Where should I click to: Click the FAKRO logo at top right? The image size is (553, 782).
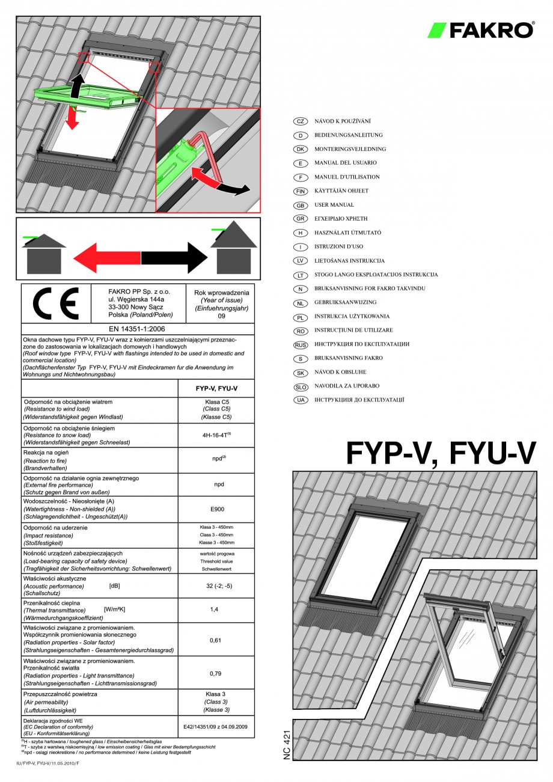(x=481, y=30)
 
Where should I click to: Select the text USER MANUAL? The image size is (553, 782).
(x=334, y=205)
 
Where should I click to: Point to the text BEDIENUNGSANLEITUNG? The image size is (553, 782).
(x=348, y=135)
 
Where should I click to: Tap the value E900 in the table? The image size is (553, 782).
(x=216, y=509)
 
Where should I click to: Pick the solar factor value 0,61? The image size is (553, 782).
(x=216, y=640)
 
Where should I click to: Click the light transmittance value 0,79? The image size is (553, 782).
(x=216, y=673)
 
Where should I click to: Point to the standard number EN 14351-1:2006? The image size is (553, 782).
(x=138, y=329)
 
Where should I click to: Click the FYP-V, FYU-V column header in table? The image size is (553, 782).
(x=216, y=388)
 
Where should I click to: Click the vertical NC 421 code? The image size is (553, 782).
(x=287, y=745)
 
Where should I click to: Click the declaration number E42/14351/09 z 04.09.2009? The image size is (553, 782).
(x=216, y=727)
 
